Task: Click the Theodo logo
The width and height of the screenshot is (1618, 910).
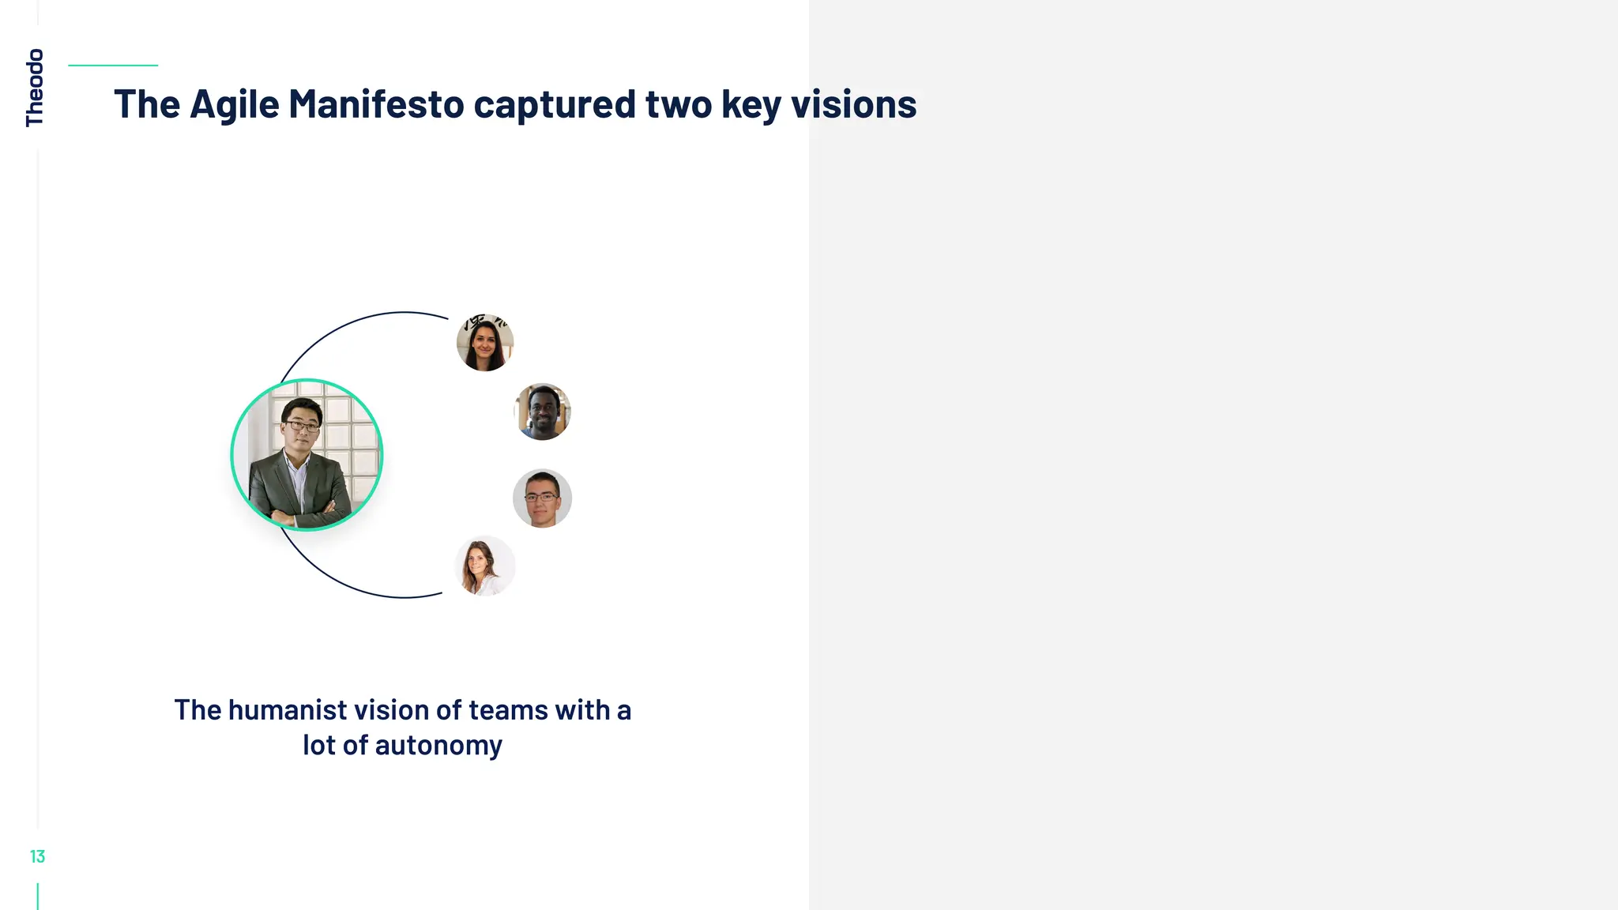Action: click(35, 87)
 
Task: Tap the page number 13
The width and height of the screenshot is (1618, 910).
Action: click(37, 856)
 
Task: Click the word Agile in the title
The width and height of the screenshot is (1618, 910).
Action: click(235, 104)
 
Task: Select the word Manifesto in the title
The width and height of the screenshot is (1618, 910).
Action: click(376, 104)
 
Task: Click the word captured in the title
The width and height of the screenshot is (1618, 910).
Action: click(555, 104)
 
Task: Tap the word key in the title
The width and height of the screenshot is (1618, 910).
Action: click(751, 104)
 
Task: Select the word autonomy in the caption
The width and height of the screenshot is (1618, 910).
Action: click(438, 745)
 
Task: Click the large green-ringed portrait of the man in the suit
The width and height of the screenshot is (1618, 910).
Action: click(307, 455)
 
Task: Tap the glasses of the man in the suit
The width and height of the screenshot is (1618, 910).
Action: click(302, 427)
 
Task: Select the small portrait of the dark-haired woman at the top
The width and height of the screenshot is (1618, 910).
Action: click(485, 342)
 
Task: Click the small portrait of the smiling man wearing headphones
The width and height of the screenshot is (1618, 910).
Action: click(543, 412)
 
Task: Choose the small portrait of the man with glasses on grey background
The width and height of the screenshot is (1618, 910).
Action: click(542, 498)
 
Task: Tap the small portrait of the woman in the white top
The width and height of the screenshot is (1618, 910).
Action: click(485, 566)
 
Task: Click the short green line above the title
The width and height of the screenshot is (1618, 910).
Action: click(113, 66)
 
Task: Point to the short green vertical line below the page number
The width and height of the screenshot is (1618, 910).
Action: click(38, 896)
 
